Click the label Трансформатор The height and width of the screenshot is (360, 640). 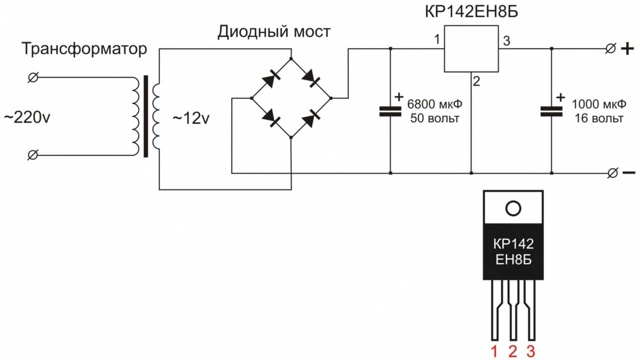[85, 50]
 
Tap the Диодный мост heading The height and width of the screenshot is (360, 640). [274, 32]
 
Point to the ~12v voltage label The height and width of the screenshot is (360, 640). [191, 118]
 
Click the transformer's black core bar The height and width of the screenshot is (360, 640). [146, 116]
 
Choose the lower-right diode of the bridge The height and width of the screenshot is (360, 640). [311, 119]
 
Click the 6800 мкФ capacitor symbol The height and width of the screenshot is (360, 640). [390, 112]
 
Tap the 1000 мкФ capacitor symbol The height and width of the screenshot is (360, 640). [551, 112]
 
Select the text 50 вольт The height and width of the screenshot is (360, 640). [435, 119]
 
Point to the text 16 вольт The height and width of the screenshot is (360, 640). [598, 119]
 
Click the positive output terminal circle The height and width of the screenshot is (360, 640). [610, 49]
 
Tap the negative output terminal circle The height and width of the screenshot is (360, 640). [611, 173]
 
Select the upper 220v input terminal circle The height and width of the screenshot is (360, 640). [33, 77]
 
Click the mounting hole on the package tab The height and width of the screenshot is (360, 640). [513, 208]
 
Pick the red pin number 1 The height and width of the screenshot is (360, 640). [495, 351]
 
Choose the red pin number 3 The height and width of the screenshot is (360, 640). [531, 351]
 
